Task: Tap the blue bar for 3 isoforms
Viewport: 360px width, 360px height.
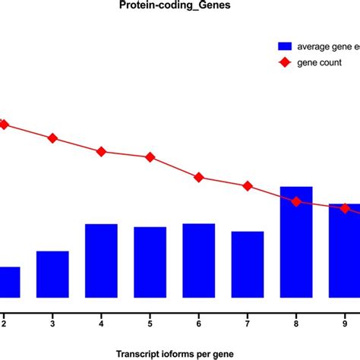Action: click(52, 274)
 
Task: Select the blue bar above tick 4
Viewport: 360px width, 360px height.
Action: click(101, 261)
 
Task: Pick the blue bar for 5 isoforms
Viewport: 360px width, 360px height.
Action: click(150, 262)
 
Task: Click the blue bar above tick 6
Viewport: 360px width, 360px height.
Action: click(198, 261)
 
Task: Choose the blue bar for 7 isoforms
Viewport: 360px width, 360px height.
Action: click(247, 264)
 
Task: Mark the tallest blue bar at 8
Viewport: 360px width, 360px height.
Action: click(296, 242)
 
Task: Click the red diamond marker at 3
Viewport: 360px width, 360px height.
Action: click(52, 138)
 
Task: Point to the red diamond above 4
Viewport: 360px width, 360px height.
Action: click(101, 151)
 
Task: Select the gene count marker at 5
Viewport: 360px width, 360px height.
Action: click(150, 157)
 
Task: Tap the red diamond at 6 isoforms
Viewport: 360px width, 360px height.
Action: click(198, 177)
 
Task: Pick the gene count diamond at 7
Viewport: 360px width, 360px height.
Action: click(247, 186)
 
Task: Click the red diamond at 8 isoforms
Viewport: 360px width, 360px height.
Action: click(296, 201)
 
